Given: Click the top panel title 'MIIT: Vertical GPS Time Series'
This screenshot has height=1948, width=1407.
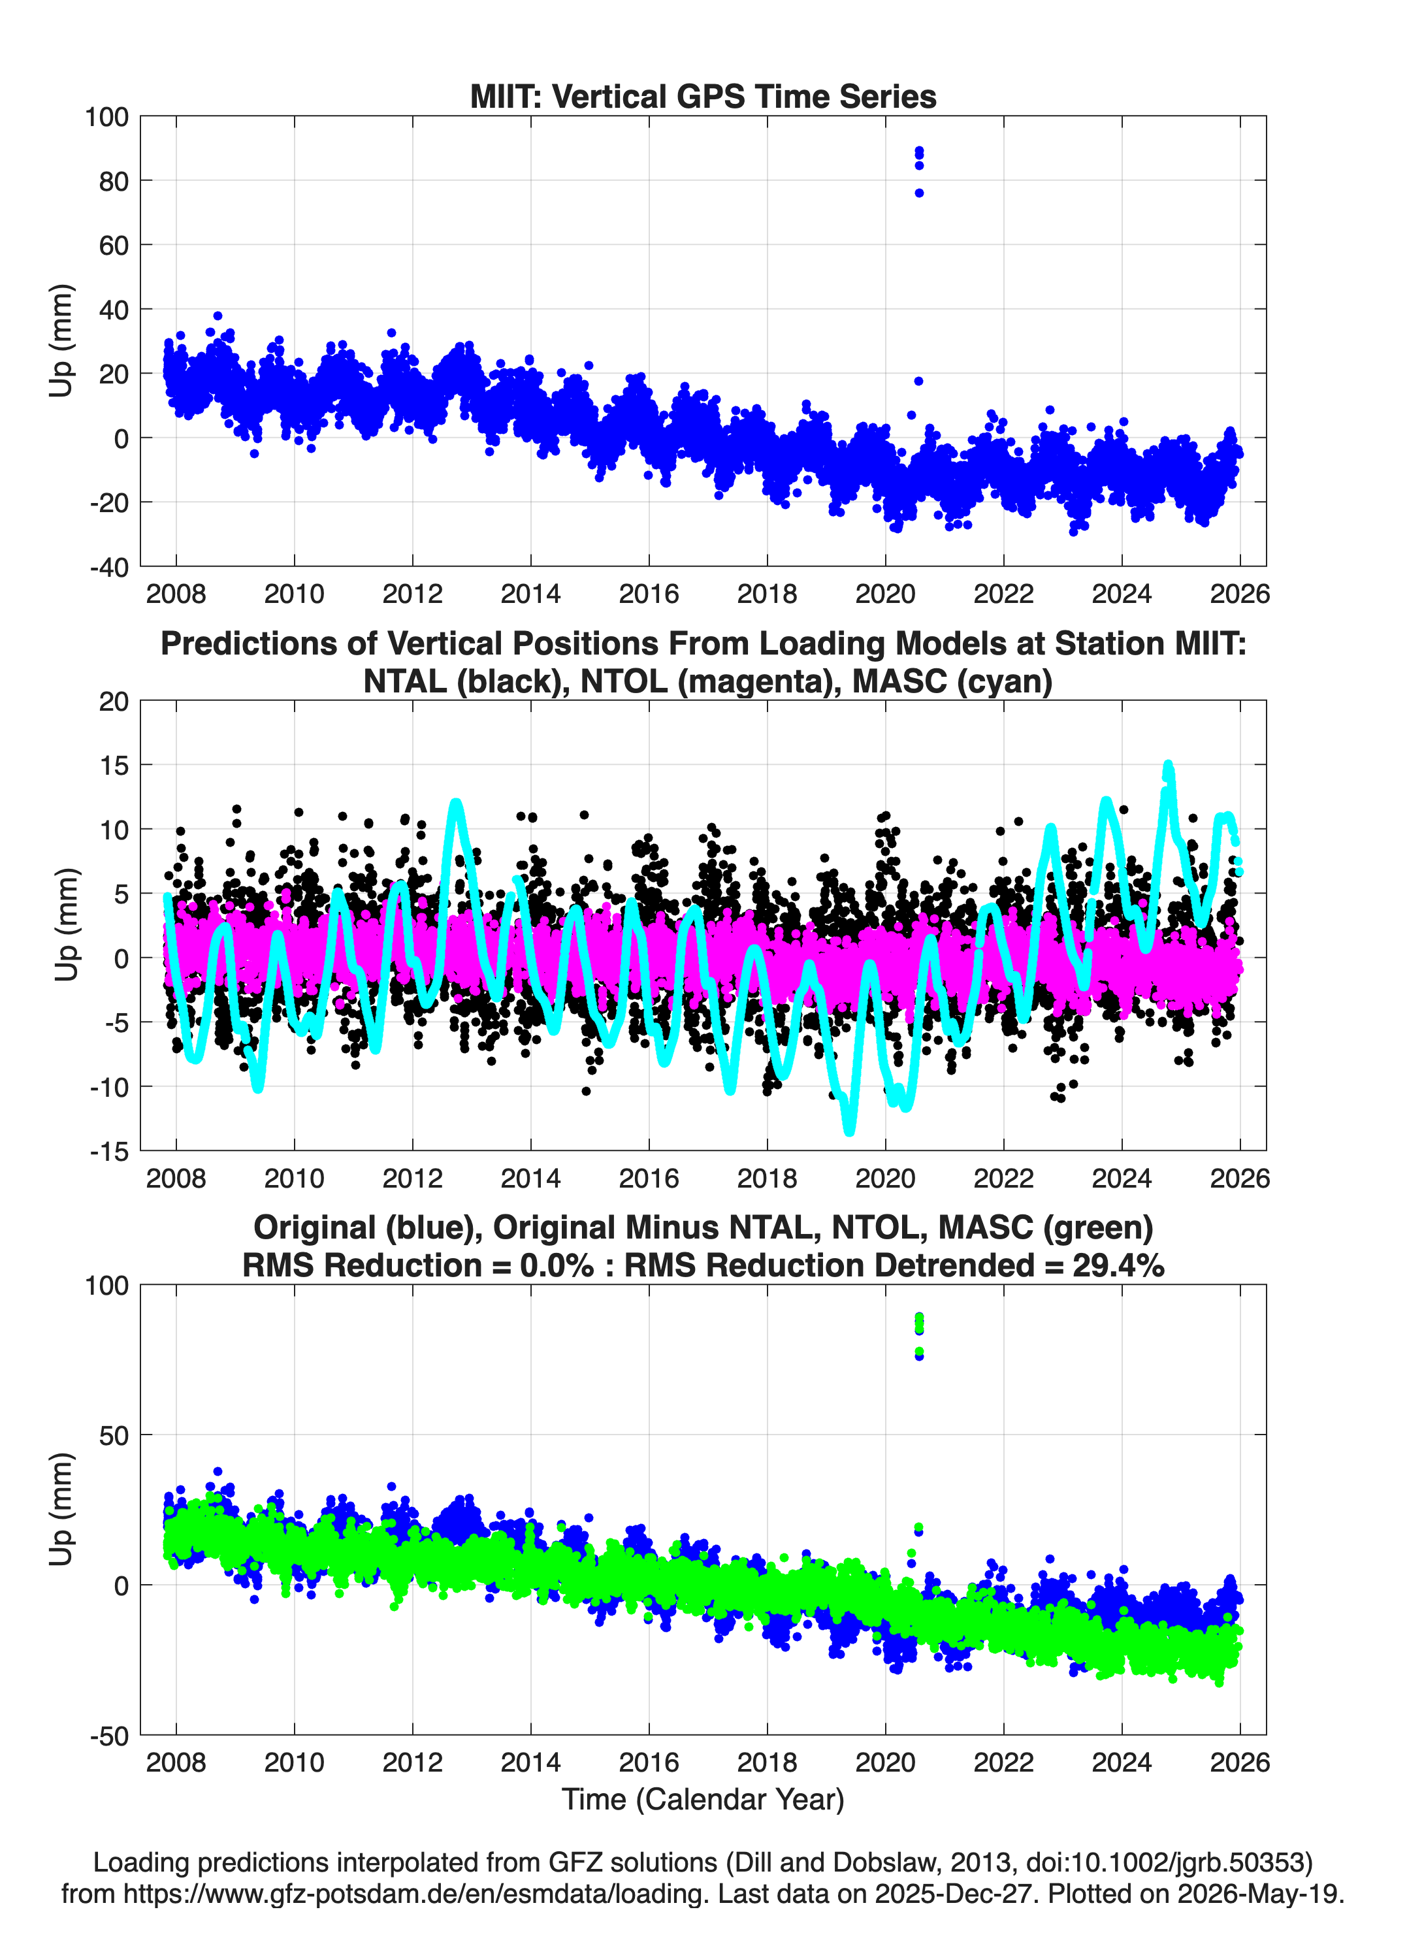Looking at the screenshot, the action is (703, 96).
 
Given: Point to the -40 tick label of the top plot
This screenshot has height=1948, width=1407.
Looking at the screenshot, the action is (109, 568).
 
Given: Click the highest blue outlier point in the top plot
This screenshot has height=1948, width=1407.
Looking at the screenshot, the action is (919, 150).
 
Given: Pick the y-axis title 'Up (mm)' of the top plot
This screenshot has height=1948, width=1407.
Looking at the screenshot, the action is (61, 341).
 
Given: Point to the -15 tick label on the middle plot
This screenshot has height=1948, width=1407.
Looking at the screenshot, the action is (110, 1152).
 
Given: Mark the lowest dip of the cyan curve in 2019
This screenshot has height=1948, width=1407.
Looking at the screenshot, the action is (850, 1130).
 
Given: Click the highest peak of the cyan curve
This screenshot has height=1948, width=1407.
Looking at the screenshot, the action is (1168, 764).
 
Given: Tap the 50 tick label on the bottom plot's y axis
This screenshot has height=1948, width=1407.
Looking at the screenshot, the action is (114, 1436).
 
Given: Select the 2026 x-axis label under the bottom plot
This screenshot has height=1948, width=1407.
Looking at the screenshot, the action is (1240, 1762).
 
